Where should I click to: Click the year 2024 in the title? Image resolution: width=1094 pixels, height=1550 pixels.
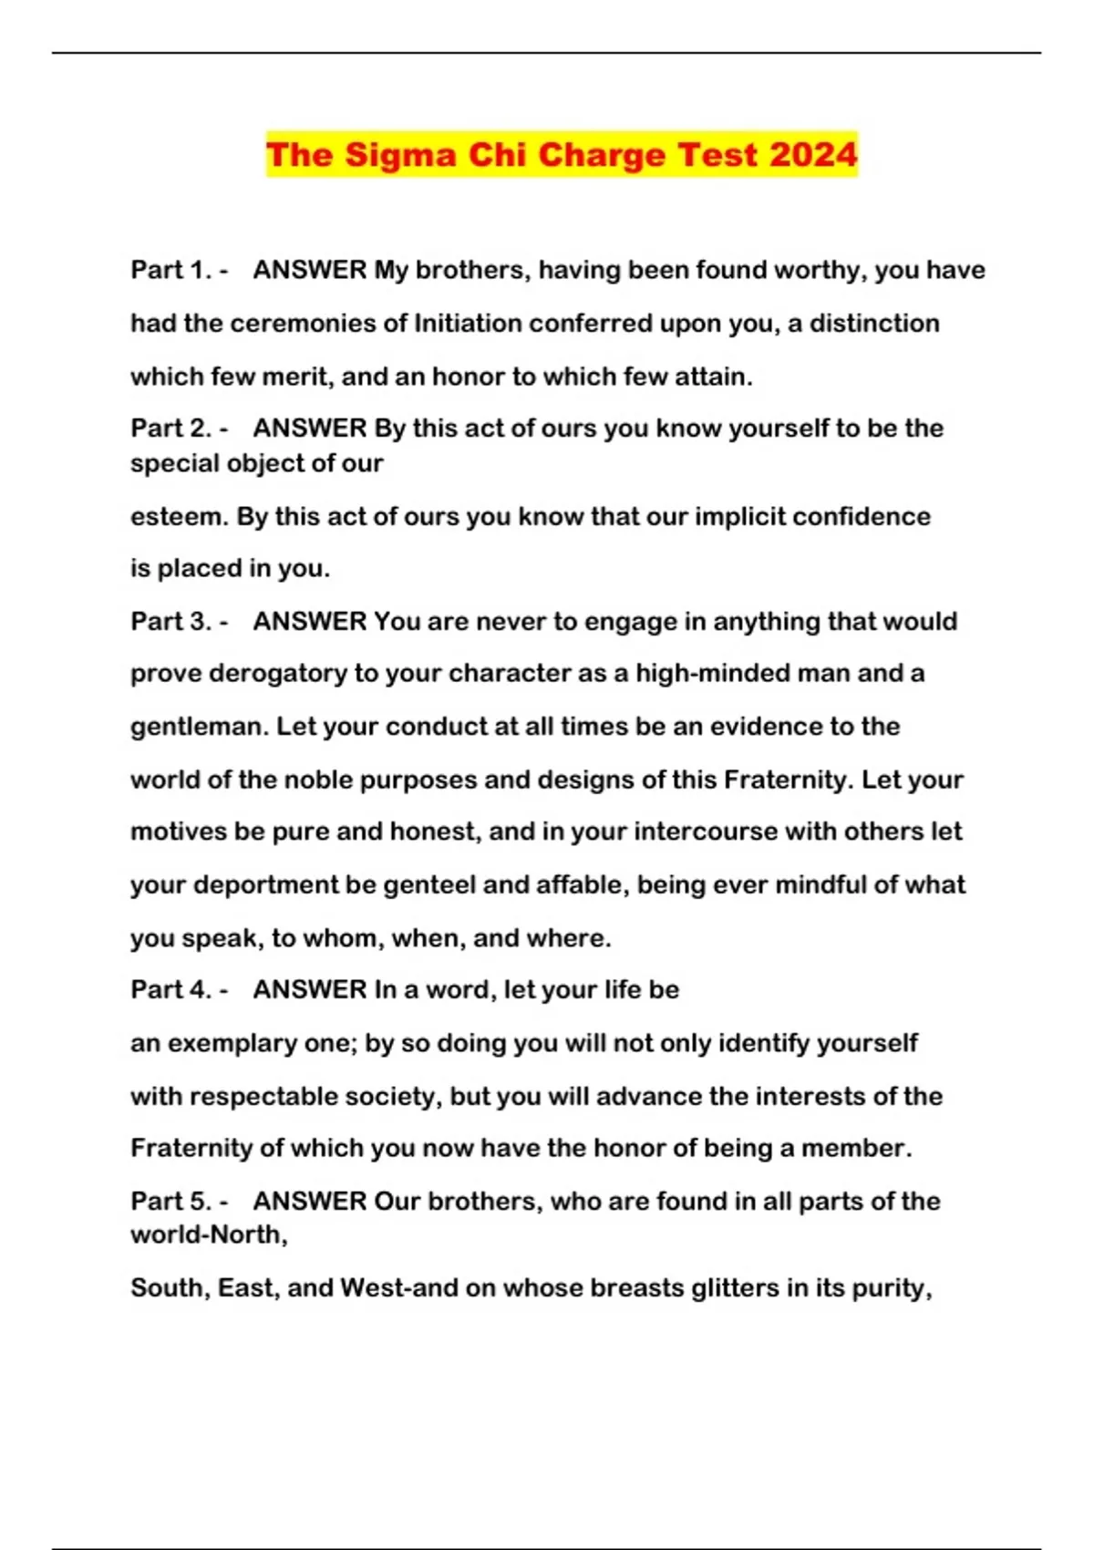coord(812,154)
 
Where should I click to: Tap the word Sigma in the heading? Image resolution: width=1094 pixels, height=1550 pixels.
coord(400,154)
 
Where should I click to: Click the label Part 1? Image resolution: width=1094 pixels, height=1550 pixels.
coord(171,270)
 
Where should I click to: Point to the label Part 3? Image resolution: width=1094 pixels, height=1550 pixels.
coord(171,621)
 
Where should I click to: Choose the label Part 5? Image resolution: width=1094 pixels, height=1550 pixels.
coord(171,1201)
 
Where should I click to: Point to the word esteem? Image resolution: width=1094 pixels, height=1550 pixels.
coord(179,516)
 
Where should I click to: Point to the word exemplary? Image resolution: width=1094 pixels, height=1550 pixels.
coord(232,1043)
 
